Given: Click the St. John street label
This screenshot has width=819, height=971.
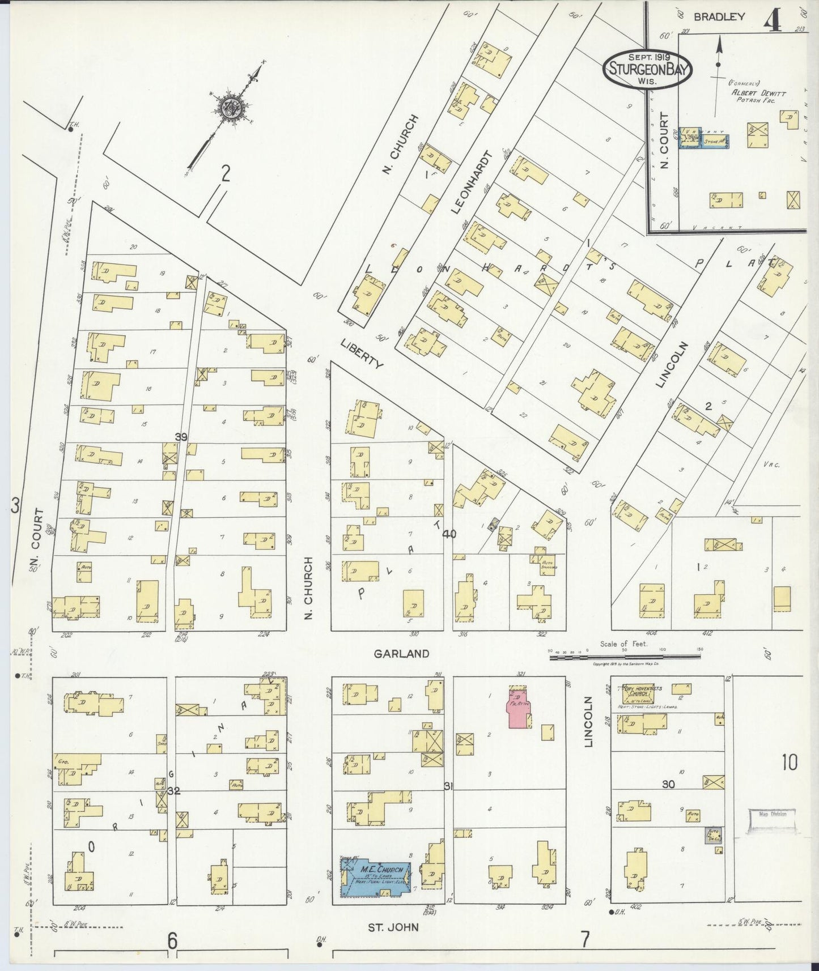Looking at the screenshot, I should [397, 927].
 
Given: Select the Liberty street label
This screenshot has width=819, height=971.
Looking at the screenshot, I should [362, 354].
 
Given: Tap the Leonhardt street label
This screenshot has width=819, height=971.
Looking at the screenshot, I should [470, 182].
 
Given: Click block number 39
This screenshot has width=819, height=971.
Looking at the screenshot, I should [181, 437].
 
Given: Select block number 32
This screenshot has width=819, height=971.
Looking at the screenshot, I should [173, 791].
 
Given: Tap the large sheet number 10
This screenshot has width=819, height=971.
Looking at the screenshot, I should [789, 763].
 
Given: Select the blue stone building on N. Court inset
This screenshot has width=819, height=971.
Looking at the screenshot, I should [715, 142].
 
